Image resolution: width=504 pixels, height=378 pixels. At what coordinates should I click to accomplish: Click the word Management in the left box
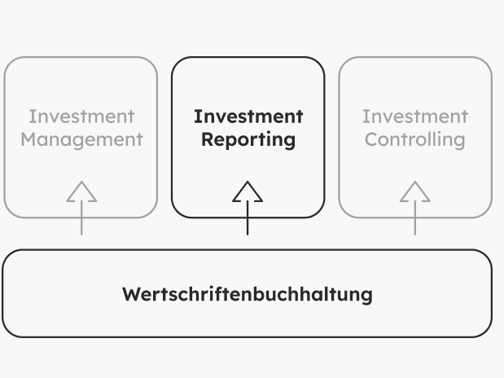[81, 139]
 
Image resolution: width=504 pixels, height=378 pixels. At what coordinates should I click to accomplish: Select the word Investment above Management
[81, 116]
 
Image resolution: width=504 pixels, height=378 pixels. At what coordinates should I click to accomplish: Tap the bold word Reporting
[248, 139]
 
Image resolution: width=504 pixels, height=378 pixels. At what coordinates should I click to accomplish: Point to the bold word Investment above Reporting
[248, 116]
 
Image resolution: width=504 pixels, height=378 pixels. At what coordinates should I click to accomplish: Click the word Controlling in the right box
[414, 139]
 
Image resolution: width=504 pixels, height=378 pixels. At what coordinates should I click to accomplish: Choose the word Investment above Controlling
[414, 116]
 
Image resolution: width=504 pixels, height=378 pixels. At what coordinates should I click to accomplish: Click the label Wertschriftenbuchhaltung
[247, 294]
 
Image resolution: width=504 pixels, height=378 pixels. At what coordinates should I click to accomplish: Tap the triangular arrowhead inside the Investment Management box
[81, 192]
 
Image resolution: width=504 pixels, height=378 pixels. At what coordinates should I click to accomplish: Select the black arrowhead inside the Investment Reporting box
[248, 192]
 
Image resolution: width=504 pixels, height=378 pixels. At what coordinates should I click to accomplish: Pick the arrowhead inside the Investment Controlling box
[414, 192]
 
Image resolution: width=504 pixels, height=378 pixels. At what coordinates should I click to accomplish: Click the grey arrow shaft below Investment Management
[81, 218]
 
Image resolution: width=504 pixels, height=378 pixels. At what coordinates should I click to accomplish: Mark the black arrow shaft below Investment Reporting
[248, 218]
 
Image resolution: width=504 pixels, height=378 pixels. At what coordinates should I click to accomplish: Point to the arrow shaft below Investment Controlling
[414, 218]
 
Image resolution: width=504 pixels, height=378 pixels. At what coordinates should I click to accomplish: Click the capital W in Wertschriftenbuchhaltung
[130, 294]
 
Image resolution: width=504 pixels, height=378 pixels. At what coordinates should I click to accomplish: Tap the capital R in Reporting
[207, 139]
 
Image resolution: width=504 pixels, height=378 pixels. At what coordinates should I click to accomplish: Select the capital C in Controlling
[370, 139]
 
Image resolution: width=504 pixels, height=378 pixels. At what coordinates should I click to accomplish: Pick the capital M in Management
[28, 139]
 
